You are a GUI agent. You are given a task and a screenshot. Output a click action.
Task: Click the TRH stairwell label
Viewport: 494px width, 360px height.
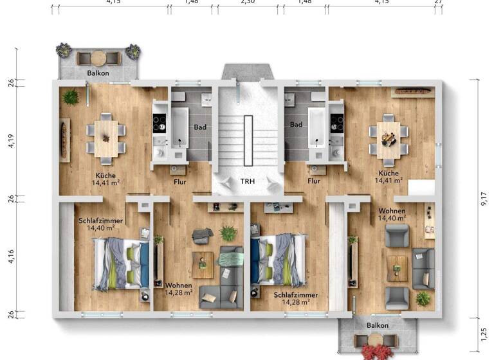[x=248, y=181]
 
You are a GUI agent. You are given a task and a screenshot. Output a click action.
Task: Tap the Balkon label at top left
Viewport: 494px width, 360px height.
[x=98, y=73]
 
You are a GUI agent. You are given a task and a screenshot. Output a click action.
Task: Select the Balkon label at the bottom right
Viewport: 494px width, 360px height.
[x=377, y=326]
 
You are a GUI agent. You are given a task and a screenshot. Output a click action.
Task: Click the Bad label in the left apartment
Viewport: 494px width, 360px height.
[x=200, y=127]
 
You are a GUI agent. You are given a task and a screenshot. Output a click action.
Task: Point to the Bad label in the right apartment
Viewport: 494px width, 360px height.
[x=296, y=125]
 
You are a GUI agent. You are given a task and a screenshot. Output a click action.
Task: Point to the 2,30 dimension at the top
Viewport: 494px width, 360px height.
[x=248, y=3]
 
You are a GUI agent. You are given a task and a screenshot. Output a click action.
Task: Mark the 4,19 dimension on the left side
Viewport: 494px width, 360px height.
[x=10, y=139]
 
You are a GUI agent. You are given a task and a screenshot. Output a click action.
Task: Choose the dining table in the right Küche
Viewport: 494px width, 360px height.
[x=388, y=136]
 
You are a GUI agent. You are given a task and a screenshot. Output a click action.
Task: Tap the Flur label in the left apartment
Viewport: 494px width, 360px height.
[x=180, y=181]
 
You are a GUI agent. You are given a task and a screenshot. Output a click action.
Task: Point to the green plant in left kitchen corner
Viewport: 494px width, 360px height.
[x=70, y=97]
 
